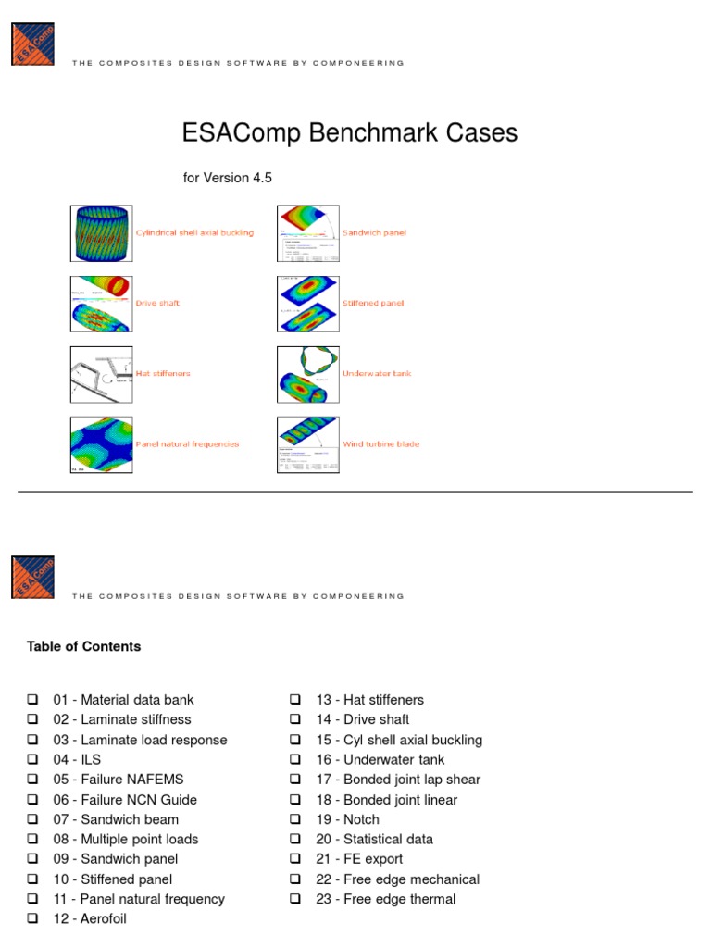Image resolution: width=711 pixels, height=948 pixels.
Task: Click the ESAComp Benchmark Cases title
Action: coord(350,133)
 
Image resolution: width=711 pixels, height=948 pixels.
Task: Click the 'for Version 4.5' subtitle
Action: coord(227,178)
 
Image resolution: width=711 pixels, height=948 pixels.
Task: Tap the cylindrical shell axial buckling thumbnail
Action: coord(102,233)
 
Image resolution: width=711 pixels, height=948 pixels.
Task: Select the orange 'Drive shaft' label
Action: coord(158,304)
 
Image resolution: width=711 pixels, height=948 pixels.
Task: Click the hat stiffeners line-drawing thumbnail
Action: coord(102,374)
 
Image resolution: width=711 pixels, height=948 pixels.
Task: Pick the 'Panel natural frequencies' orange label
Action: coord(187,444)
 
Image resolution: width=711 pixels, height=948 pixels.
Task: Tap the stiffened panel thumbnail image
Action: coord(308,304)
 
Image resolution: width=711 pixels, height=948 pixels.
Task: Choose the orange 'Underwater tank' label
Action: coord(377,374)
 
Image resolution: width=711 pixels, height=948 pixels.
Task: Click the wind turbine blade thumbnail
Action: coord(308,444)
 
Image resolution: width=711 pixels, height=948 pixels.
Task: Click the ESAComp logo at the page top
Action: coord(33,44)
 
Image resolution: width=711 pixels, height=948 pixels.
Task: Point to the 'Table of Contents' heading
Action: coord(84,646)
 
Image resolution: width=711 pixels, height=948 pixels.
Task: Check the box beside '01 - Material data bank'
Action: coord(32,700)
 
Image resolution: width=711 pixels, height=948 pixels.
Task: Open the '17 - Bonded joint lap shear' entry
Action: coord(398,780)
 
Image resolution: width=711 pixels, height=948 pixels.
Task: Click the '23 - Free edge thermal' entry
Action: coord(385,899)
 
